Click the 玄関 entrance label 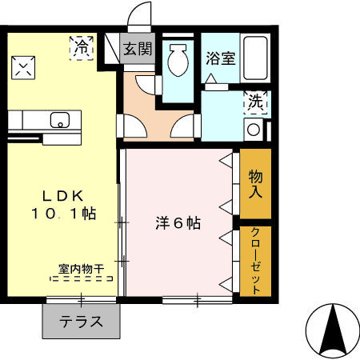tap(138, 49)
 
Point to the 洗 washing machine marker tap(254, 102)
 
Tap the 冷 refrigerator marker tap(82, 47)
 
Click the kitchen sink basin tap(59, 122)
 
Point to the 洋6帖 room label tap(178, 225)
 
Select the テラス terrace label tap(81, 322)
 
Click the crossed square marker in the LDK tap(25, 68)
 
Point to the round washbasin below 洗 tap(254, 130)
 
